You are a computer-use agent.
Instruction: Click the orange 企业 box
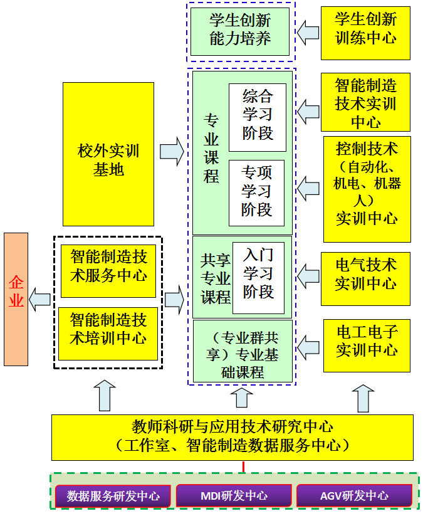(16, 299)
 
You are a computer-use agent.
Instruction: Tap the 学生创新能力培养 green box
(240, 31)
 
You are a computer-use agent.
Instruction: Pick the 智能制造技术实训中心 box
(365, 102)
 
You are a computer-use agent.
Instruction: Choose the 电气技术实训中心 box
(365, 273)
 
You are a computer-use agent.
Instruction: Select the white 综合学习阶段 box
(257, 117)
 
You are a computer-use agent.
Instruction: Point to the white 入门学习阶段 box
(258, 277)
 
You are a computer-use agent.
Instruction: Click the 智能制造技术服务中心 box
(108, 266)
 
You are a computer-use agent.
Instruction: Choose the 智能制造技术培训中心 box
(108, 330)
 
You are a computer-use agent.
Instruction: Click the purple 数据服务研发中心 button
(113, 496)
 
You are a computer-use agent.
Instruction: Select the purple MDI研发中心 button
(234, 496)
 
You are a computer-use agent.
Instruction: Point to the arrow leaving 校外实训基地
(172, 152)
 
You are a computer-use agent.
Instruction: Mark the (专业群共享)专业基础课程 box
(243, 352)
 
